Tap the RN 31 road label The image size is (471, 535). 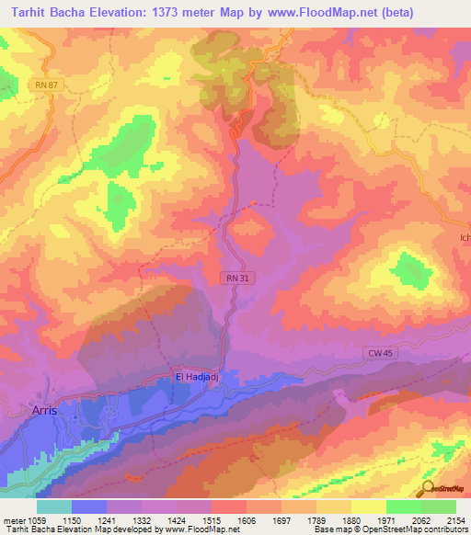tap(235, 278)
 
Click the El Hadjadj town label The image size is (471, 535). tap(201, 376)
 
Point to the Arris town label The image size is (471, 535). tap(44, 411)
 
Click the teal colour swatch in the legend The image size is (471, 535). tap(54, 506)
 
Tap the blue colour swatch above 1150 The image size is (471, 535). tap(89, 506)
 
